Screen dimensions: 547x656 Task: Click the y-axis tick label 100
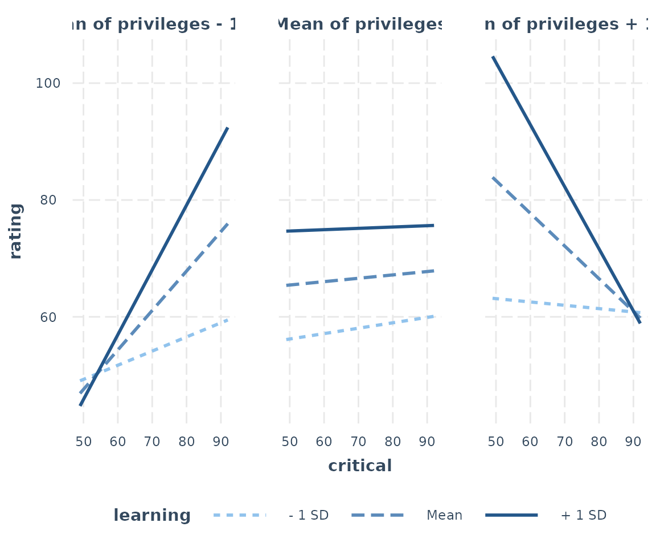pos(48,83)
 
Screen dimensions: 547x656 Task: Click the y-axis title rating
pos(16,231)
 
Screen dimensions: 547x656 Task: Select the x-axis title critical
pos(360,466)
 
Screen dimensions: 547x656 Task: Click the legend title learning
pos(152,516)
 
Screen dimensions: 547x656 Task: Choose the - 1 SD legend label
pos(309,516)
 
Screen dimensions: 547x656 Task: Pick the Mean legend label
pos(444,516)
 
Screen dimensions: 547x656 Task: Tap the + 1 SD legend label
pos(584,516)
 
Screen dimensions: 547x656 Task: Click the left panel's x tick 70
pos(152,442)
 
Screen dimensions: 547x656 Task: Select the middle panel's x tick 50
pos(290,442)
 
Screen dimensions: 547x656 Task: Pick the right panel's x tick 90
pos(633,442)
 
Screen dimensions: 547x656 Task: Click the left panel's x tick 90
pos(221,442)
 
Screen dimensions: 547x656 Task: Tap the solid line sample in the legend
pos(511,515)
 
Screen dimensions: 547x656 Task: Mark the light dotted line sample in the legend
pos(240,515)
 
